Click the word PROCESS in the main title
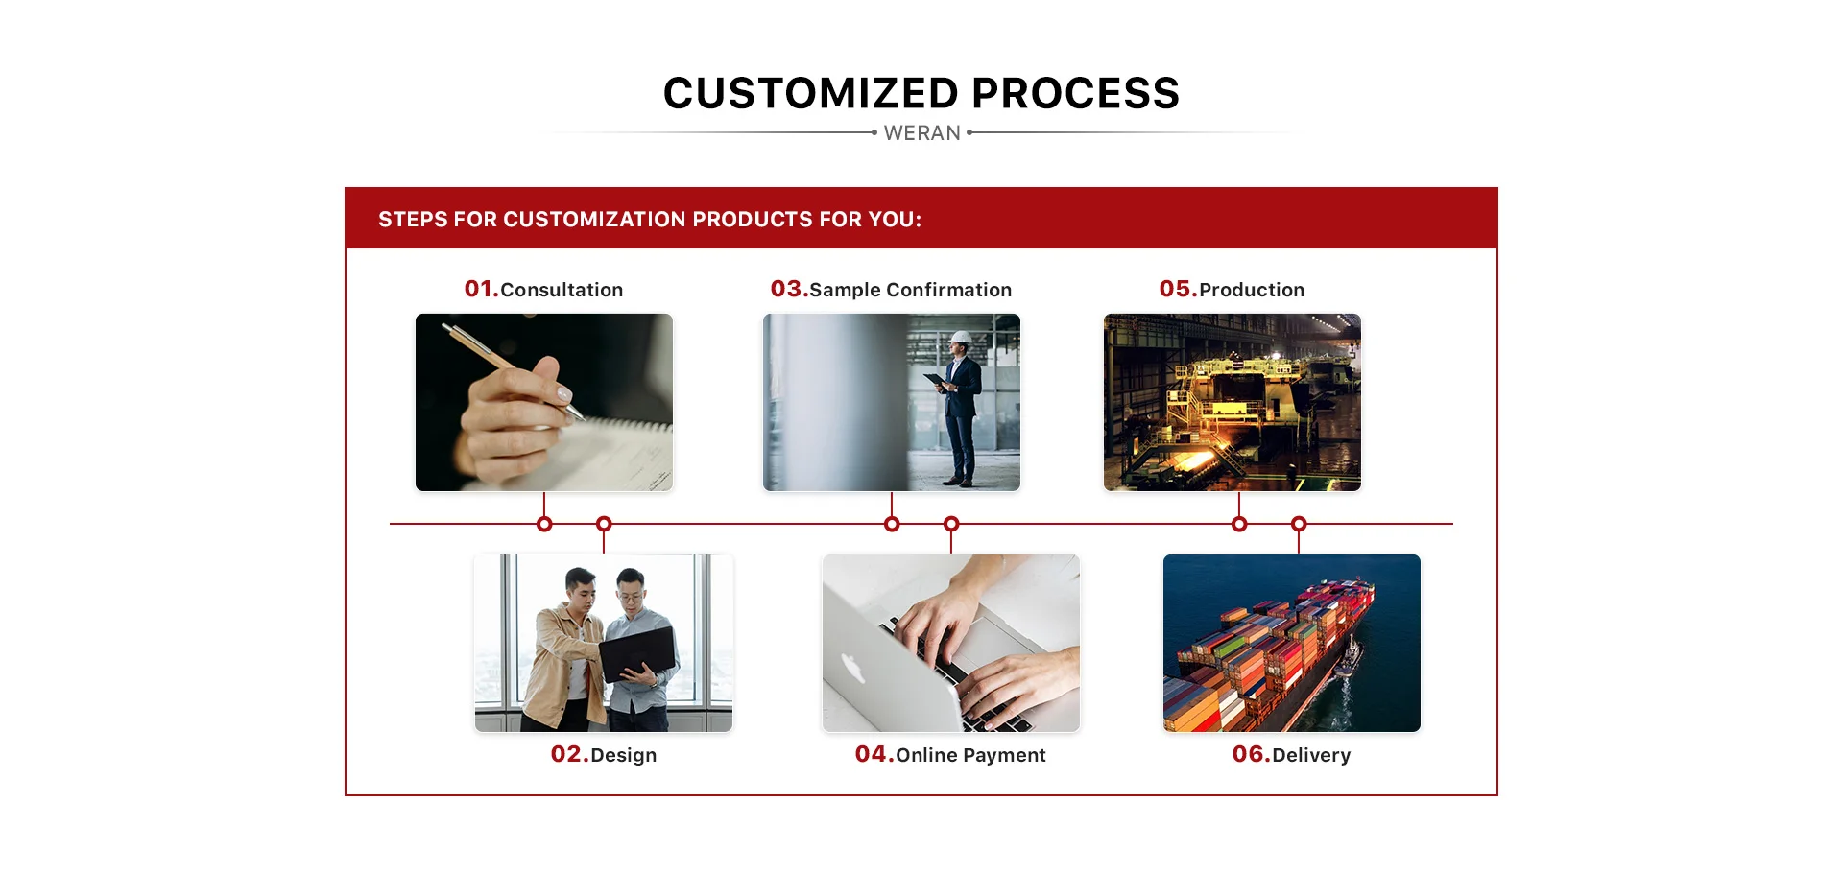pyautogui.click(x=1075, y=93)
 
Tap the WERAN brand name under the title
pyautogui.click(x=921, y=133)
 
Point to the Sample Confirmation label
pyautogui.click(x=910, y=290)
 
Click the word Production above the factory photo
pyautogui.click(x=1252, y=290)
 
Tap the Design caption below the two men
pyautogui.click(x=624, y=755)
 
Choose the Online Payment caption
pyautogui.click(x=970, y=755)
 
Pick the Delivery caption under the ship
pyautogui.click(x=1311, y=755)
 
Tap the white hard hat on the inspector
pyautogui.click(x=961, y=338)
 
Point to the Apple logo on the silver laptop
pyautogui.click(x=850, y=668)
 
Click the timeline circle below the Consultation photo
pyautogui.click(x=544, y=524)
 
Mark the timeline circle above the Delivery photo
pyautogui.click(x=1299, y=524)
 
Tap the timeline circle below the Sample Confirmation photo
pyautogui.click(x=892, y=524)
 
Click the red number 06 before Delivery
pyautogui.click(x=1250, y=754)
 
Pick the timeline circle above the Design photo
pyautogui.click(x=604, y=524)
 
